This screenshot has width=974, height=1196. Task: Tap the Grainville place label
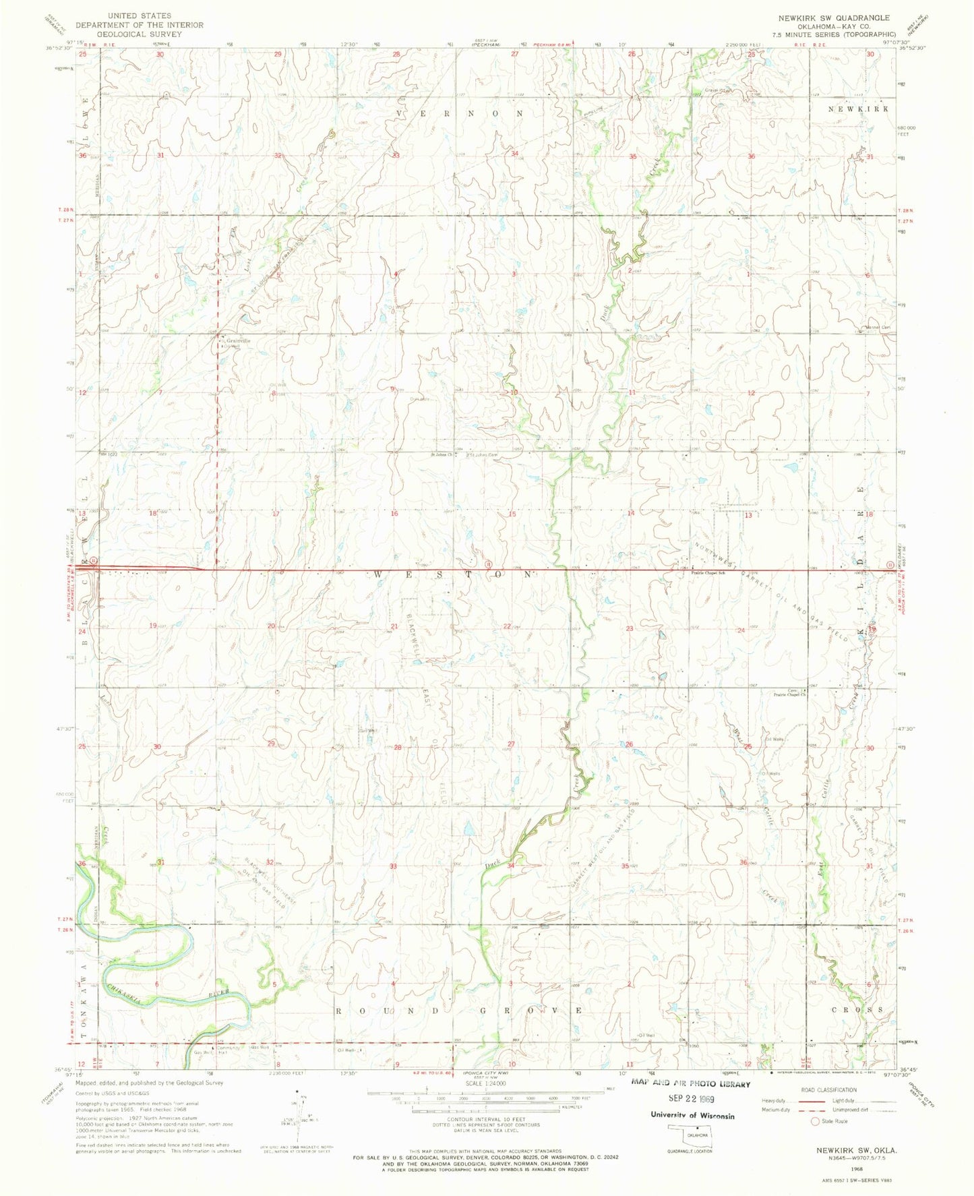[x=238, y=341]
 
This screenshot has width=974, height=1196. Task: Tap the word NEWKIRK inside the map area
[x=858, y=109]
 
